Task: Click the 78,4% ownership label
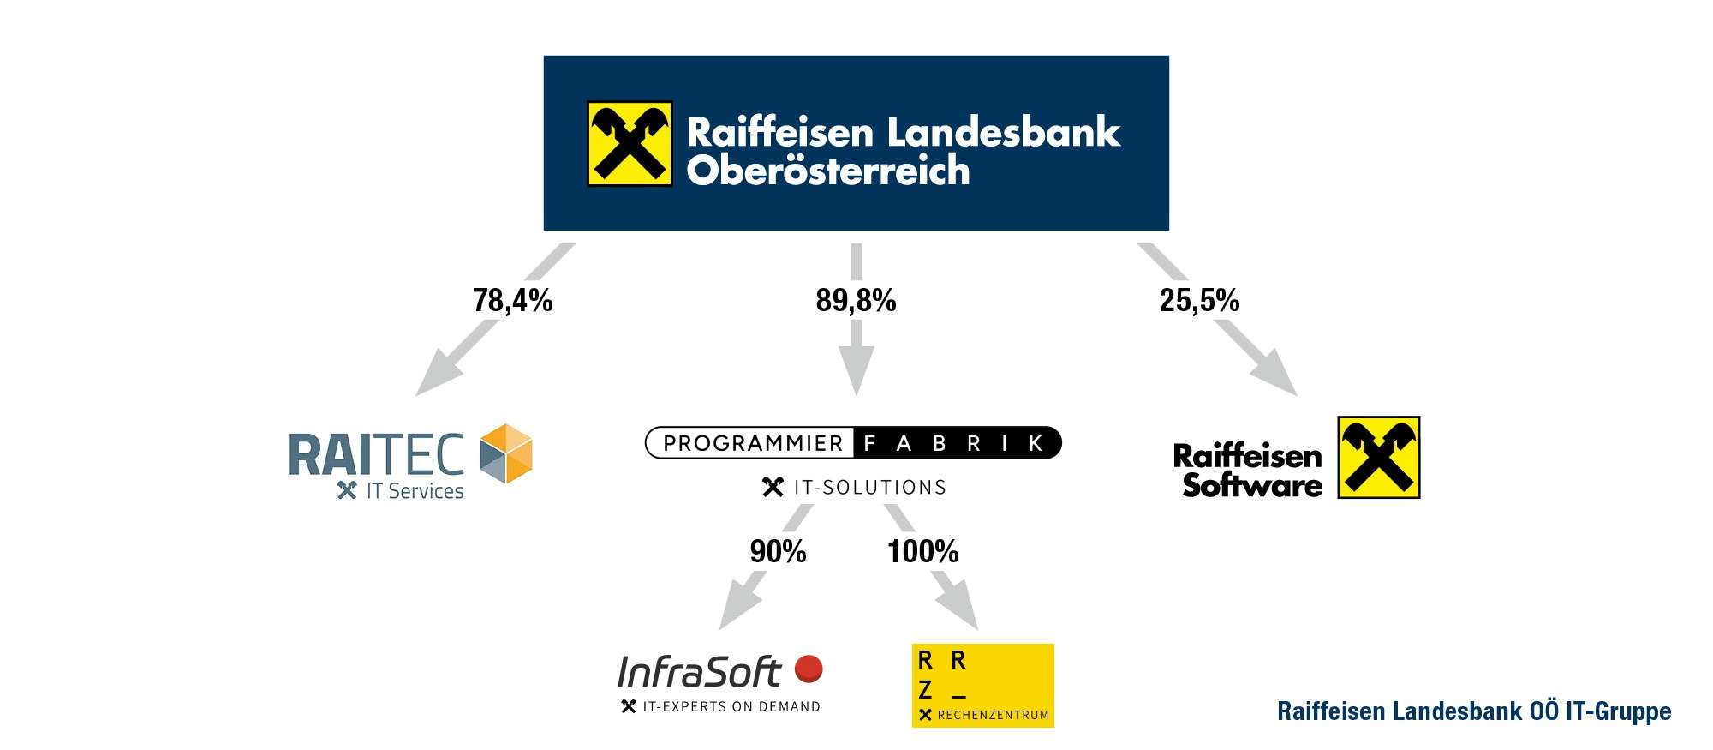[513, 300]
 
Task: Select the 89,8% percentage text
[856, 300]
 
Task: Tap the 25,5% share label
[1199, 300]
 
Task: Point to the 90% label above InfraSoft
[778, 551]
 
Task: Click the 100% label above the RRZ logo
[922, 551]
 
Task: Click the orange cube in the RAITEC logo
[505, 453]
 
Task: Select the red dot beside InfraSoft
[809, 669]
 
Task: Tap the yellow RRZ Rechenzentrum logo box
[982, 686]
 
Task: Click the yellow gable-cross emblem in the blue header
[630, 144]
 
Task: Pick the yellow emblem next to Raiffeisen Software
[1379, 458]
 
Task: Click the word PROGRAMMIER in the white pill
[753, 443]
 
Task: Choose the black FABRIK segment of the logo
[956, 443]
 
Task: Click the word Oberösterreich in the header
[828, 171]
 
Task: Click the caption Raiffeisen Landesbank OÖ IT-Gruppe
[1474, 711]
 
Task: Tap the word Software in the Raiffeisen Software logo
[1252, 486]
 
